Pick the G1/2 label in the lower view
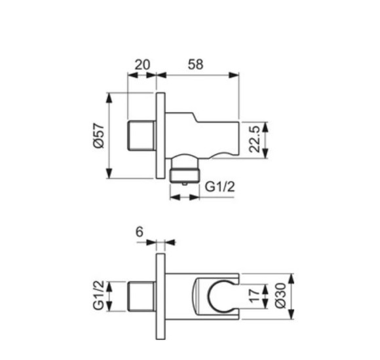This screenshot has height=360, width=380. tap(98, 296)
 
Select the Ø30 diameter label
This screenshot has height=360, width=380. tap(280, 296)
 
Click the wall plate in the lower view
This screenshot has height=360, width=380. tap(160, 296)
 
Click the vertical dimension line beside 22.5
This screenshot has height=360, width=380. tap(265, 139)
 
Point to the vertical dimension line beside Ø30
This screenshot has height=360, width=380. tap(292, 296)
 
